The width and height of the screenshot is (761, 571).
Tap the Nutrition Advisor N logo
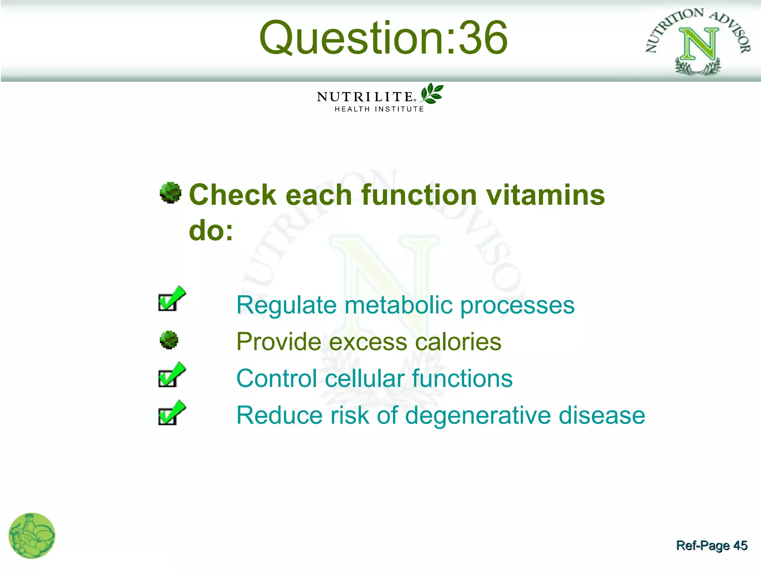click(x=698, y=42)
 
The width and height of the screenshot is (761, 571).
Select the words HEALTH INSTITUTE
click(x=379, y=109)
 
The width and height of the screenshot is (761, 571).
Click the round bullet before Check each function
click(x=170, y=193)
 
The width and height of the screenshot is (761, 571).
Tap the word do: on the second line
click(x=211, y=230)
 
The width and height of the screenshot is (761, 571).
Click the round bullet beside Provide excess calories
click(x=169, y=340)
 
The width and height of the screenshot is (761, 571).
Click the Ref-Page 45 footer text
click(x=711, y=545)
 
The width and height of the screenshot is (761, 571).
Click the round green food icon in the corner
click(x=32, y=536)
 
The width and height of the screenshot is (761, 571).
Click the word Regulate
click(x=286, y=305)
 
